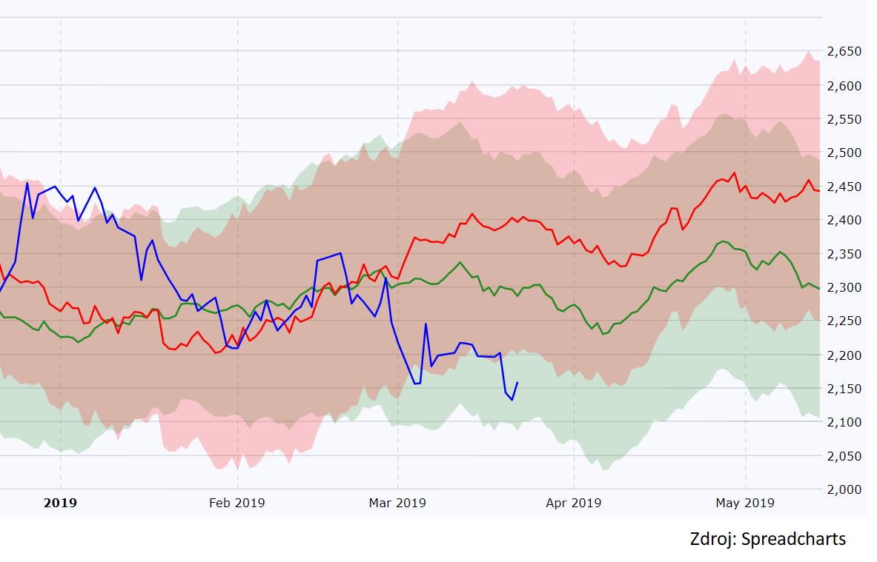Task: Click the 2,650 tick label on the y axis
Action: pyautogui.click(x=844, y=52)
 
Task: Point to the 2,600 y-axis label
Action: pyautogui.click(x=844, y=86)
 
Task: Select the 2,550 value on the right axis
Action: pyautogui.click(x=844, y=119)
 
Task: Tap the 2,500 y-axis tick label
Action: pyautogui.click(x=844, y=153)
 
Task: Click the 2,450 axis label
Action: pyautogui.click(x=844, y=187)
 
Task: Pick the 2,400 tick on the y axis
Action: pyautogui.click(x=844, y=221)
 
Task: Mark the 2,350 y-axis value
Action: pyautogui.click(x=844, y=254)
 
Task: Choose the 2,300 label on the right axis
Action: pyautogui.click(x=844, y=288)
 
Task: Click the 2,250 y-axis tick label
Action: pyautogui.click(x=844, y=321)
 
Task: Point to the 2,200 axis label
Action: pyautogui.click(x=844, y=355)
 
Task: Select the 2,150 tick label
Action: pyautogui.click(x=844, y=389)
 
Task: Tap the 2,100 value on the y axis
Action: pyautogui.click(x=844, y=423)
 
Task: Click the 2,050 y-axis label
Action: pyautogui.click(x=844, y=456)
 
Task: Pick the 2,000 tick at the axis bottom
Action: pyautogui.click(x=844, y=489)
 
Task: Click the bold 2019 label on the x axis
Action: pyautogui.click(x=60, y=504)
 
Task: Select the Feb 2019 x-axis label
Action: pyautogui.click(x=236, y=504)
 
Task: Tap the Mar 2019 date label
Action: pyautogui.click(x=398, y=504)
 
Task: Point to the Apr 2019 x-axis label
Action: pyautogui.click(x=573, y=504)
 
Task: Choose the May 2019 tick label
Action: pyautogui.click(x=745, y=504)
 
